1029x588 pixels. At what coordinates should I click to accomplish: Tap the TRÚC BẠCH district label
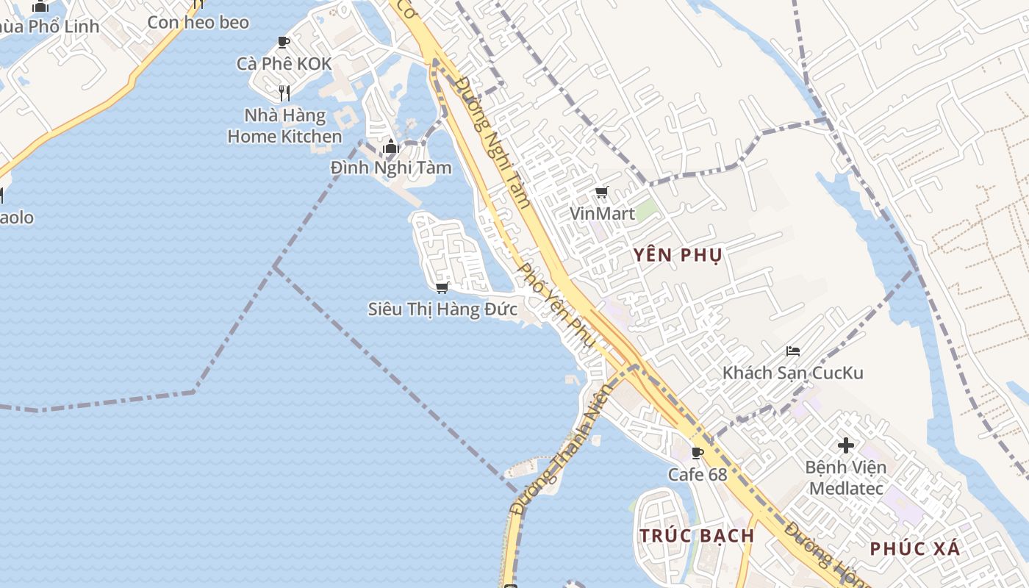(x=697, y=535)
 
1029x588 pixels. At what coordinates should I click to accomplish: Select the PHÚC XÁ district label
(x=915, y=548)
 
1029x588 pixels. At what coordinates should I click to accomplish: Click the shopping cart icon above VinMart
(x=602, y=193)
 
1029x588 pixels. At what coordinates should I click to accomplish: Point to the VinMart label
(x=602, y=214)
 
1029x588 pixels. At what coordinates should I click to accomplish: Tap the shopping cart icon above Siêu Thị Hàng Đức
(x=442, y=287)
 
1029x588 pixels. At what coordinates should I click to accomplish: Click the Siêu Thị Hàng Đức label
(x=442, y=309)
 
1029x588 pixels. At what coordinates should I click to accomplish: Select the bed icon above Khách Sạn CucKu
(x=792, y=351)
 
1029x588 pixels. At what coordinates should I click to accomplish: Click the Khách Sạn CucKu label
(x=792, y=373)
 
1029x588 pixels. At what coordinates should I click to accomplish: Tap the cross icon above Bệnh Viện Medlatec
(x=846, y=445)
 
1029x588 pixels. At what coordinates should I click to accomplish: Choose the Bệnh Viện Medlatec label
(x=846, y=477)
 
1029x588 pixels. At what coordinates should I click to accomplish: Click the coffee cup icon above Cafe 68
(x=697, y=453)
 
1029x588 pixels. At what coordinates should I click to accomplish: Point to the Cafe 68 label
(x=697, y=475)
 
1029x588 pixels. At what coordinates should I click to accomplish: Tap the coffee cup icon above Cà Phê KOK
(x=284, y=43)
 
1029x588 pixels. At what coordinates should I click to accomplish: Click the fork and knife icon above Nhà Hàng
(x=284, y=93)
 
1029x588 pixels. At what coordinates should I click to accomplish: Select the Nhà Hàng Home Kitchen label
(x=284, y=126)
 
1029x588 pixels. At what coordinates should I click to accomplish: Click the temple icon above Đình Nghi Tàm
(x=390, y=147)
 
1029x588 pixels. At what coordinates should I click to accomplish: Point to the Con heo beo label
(x=198, y=22)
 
